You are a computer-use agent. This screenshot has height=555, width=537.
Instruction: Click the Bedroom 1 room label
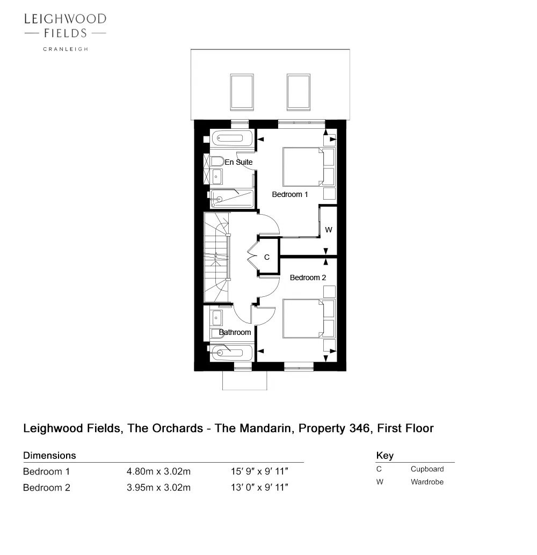pyautogui.click(x=290, y=194)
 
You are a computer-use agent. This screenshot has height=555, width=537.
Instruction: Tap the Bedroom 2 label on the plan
pyautogui.click(x=308, y=277)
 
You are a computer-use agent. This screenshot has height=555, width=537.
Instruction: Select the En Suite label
pyautogui.click(x=238, y=162)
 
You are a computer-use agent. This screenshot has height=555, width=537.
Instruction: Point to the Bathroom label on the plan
pyautogui.click(x=235, y=332)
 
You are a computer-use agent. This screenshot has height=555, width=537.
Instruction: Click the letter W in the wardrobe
pyautogui.click(x=328, y=230)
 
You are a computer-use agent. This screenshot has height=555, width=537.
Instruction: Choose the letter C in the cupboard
pyautogui.click(x=267, y=257)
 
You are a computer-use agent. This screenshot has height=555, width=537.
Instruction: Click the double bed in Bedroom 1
pyautogui.click(x=303, y=167)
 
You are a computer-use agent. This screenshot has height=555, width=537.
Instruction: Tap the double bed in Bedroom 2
pyautogui.click(x=303, y=318)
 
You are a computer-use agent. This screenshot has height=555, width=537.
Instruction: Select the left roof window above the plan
pyautogui.click(x=242, y=92)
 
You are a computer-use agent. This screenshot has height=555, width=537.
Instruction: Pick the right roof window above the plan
pyautogui.click(x=299, y=92)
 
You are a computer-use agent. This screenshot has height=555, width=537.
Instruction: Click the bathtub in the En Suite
pyautogui.click(x=232, y=138)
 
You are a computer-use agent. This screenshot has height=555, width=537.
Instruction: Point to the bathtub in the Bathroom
pyautogui.click(x=231, y=353)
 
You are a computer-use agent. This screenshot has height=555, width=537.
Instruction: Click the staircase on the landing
pyautogui.click(x=217, y=257)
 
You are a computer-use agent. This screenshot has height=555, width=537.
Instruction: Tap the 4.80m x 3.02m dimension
pyautogui.click(x=159, y=471)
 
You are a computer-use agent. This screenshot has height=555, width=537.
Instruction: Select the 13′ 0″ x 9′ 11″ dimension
pyautogui.click(x=260, y=487)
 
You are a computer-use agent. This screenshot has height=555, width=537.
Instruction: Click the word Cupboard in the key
pyautogui.click(x=427, y=469)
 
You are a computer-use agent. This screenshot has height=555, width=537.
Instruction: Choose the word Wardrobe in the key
pyautogui.click(x=427, y=481)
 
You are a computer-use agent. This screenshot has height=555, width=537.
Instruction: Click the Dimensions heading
pyautogui.click(x=49, y=455)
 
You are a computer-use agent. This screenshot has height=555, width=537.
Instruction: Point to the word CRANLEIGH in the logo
pyautogui.click(x=66, y=49)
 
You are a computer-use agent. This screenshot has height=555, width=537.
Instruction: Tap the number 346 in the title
pyautogui.click(x=361, y=428)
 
